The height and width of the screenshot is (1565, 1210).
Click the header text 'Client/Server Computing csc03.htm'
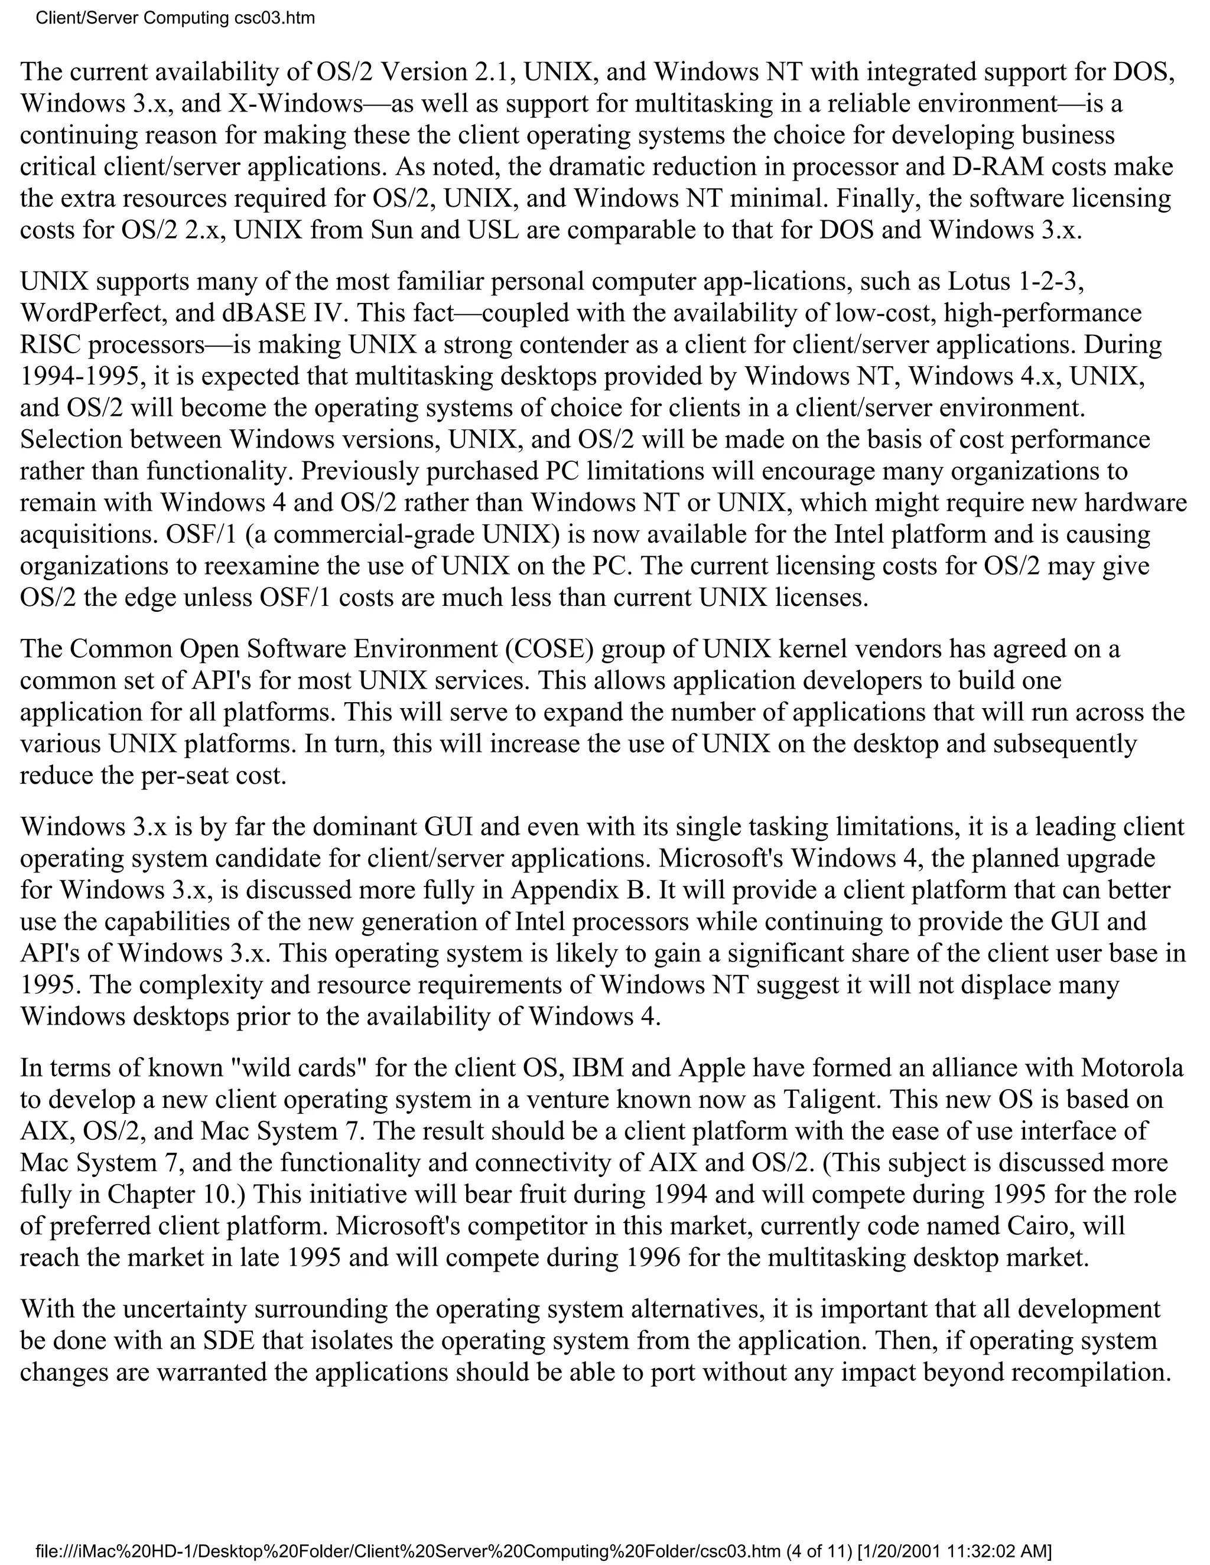pyautogui.click(x=175, y=18)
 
